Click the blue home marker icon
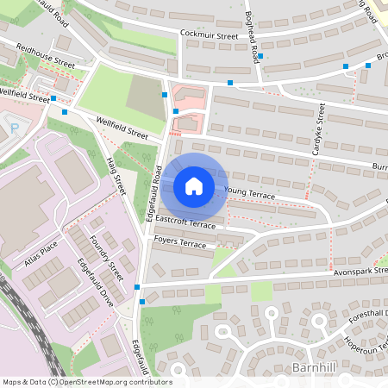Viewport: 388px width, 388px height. (x=194, y=186)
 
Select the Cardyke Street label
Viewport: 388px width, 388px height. (x=316, y=129)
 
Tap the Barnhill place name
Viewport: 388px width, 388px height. (x=313, y=368)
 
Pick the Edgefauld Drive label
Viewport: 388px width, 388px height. (x=95, y=280)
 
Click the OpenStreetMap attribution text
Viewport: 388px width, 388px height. (x=86, y=382)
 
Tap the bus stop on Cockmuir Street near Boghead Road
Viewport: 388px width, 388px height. (x=260, y=56)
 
